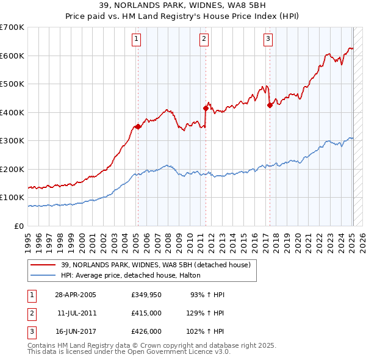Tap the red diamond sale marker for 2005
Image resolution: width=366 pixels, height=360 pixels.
coord(138,127)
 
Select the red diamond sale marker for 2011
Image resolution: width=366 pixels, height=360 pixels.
coord(206,108)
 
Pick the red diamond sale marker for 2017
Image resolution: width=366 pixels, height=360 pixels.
coord(270,105)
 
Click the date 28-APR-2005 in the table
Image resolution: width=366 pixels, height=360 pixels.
coord(76,295)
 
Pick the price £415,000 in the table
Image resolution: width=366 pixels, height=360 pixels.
coord(146,313)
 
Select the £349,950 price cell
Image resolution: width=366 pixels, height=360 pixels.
coord(146,295)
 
